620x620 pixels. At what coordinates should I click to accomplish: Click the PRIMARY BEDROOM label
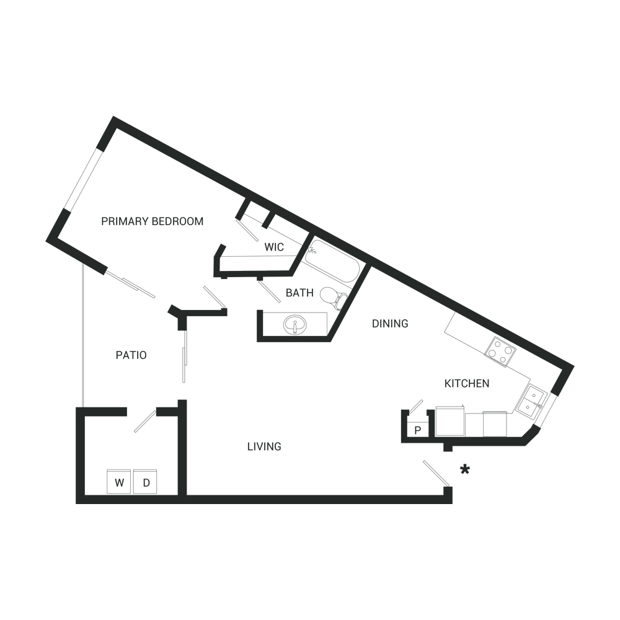pos(152,221)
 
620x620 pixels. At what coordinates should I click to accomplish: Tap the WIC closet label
pos(274,247)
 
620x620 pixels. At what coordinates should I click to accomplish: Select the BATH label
pos(299,293)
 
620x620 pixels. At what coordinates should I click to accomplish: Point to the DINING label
pos(390,324)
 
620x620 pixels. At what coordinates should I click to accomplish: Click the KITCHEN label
pos(466,384)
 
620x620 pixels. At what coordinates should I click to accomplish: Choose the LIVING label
pos(264,446)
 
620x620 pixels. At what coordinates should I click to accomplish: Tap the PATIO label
pos(131,355)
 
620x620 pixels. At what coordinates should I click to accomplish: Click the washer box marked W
pos(119,482)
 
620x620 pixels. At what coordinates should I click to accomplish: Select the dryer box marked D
pos(146,482)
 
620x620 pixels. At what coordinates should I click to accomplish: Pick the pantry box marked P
pos(417,429)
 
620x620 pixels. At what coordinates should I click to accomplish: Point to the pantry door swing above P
pos(414,405)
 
